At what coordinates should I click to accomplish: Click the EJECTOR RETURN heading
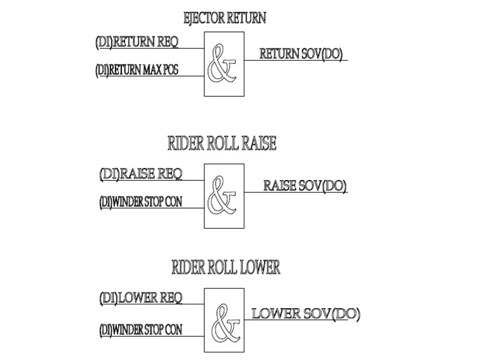pyautogui.click(x=225, y=17)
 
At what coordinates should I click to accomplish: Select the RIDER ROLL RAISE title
pyautogui.click(x=222, y=143)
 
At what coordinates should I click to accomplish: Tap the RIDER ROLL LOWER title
pyautogui.click(x=226, y=267)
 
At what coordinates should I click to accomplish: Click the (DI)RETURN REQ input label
pyautogui.click(x=137, y=42)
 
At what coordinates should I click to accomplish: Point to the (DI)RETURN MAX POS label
pyautogui.click(x=137, y=70)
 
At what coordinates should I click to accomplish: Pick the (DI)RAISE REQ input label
pyautogui.click(x=141, y=174)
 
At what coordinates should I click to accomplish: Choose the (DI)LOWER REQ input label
pyautogui.click(x=141, y=298)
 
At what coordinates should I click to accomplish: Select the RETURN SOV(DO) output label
pyautogui.click(x=301, y=54)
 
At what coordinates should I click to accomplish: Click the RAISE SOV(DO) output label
pyautogui.click(x=305, y=186)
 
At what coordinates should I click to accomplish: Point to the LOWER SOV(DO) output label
pyautogui.click(x=306, y=314)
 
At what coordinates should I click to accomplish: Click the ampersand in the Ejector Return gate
pyautogui.click(x=222, y=63)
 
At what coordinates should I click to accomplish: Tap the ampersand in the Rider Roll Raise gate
pyautogui.click(x=222, y=195)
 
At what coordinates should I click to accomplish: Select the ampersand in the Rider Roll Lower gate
pyautogui.click(x=226, y=324)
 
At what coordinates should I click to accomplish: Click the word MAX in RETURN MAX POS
pyautogui.click(x=151, y=70)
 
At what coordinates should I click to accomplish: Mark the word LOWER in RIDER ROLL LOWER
pyautogui.click(x=259, y=267)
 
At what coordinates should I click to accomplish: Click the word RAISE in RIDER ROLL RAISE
pyautogui.click(x=259, y=143)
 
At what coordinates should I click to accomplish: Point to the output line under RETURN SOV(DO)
pyautogui.click(x=296, y=60)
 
